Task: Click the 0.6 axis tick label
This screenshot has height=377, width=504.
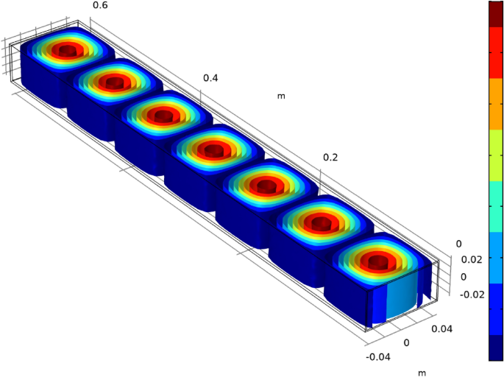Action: point(100,6)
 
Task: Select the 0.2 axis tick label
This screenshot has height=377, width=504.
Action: point(332,158)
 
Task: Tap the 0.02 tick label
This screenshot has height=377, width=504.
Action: point(472,259)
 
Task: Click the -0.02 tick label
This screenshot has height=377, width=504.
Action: point(472,295)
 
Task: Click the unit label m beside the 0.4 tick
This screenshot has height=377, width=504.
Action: point(281,96)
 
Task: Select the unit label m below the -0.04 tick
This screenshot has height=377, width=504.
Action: point(422,372)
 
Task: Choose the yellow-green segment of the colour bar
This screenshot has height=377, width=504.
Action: point(496,169)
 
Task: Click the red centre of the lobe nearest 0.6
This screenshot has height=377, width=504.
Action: point(68,50)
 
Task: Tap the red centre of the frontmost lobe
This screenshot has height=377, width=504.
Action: point(377,261)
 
